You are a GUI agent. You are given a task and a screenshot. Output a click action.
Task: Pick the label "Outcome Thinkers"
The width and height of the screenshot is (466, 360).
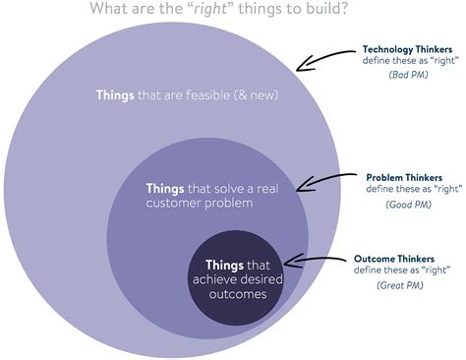(x=404, y=231)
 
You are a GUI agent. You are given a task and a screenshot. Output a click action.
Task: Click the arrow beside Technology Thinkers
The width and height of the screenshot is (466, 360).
(x=325, y=63)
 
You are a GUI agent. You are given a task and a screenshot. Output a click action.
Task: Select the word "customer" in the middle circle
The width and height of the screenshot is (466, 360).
(x=175, y=203)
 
